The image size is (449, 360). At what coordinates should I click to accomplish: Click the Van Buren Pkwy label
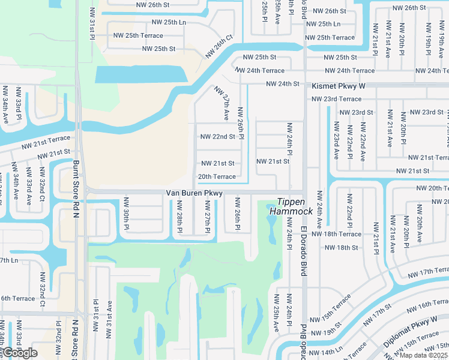(194, 193)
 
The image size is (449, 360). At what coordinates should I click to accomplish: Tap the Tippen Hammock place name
(295, 207)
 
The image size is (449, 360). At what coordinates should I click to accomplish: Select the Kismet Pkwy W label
(337, 86)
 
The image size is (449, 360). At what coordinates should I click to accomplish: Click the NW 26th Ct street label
(218, 46)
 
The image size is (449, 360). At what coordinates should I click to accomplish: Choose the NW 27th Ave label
(222, 103)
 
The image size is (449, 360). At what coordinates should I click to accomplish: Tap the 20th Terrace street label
(217, 176)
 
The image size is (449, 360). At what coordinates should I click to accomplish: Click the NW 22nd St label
(217, 136)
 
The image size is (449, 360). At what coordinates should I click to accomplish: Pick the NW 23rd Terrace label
(336, 99)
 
